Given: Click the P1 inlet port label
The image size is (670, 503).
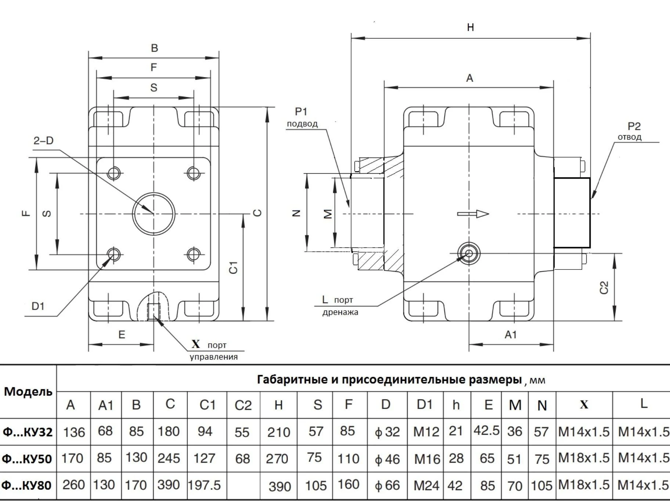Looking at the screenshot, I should tap(301, 111).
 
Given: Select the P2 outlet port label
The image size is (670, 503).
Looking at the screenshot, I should tap(634, 127).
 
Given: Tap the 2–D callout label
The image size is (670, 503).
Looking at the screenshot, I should tap(43, 141).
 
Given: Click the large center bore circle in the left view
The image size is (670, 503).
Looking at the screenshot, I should tap(154, 214).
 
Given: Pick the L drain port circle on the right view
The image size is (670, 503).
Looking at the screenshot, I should tap(469, 253).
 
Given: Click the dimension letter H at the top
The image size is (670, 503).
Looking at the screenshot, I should tap(470, 28).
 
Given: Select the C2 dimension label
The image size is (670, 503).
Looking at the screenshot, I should tap(604, 287).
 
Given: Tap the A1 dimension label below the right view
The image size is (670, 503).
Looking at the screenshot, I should tap(511, 334).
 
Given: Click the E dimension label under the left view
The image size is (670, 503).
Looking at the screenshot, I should tap(122, 334).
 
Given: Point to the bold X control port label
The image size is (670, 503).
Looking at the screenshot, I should tap(196, 344).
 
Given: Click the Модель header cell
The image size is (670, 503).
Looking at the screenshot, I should tap(28, 391).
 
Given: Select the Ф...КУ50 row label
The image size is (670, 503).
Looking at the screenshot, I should tap(27, 459).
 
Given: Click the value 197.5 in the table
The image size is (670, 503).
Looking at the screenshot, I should tap(205, 485).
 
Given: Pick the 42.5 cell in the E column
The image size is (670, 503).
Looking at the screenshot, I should tap(486, 431).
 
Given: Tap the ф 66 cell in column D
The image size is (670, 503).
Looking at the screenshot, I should tap(387, 485).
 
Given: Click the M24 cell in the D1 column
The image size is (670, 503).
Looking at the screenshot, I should tap(426, 486).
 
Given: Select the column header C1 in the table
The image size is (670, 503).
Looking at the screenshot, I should tap(207, 405).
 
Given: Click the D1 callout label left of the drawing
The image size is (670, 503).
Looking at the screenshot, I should tap(38, 306).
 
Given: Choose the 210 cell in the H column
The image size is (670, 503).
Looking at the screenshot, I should tap(278, 432).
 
